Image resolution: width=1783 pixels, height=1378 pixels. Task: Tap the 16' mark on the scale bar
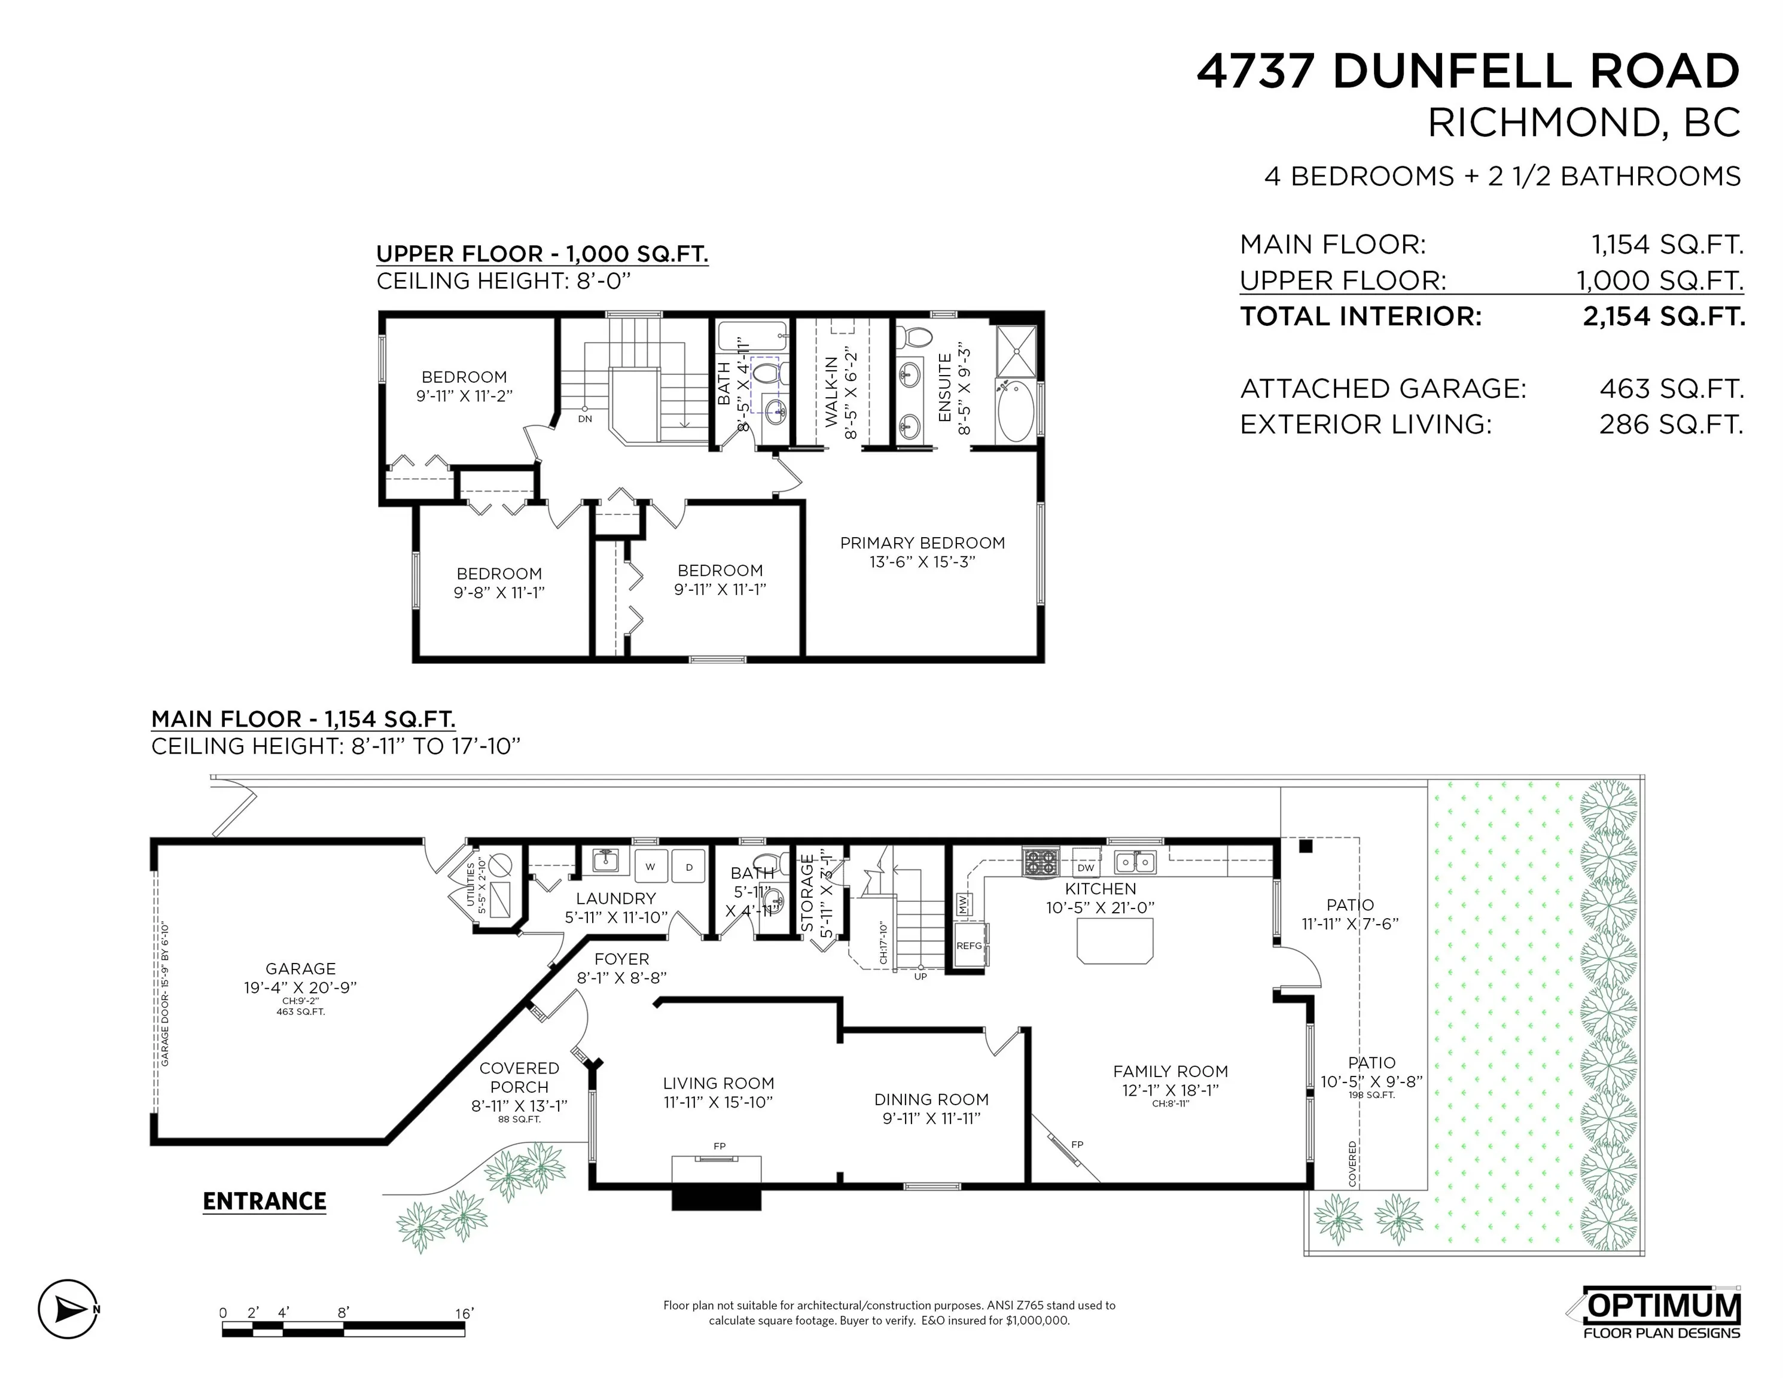pyautogui.click(x=464, y=1313)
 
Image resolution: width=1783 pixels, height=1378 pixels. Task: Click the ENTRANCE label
pyautogui.click(x=264, y=1202)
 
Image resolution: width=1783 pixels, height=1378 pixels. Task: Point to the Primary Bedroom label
pyautogui.click(x=922, y=544)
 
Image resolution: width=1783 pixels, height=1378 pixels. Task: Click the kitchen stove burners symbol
pyautogui.click(x=1040, y=862)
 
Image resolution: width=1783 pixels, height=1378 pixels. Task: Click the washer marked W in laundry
pyautogui.click(x=651, y=867)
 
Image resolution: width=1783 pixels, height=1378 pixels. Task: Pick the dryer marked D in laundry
pyautogui.click(x=689, y=867)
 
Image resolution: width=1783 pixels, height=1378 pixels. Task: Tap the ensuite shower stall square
pyautogui.click(x=1016, y=351)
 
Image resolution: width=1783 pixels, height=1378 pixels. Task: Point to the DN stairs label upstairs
pyautogui.click(x=584, y=419)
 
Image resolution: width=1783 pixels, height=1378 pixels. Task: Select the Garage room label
pyautogui.click(x=300, y=969)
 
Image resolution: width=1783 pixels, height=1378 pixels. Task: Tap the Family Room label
pyautogui.click(x=1170, y=1072)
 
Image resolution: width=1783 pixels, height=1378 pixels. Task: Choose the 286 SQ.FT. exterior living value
pyautogui.click(x=1671, y=425)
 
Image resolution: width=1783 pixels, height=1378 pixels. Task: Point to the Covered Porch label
pyautogui.click(x=519, y=1078)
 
